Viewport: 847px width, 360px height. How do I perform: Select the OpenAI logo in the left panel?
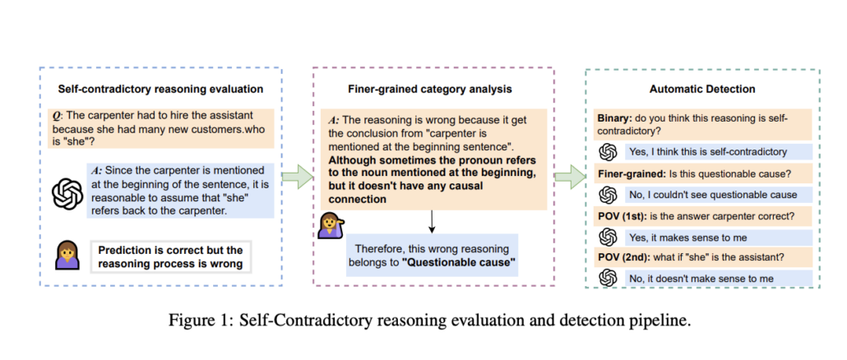coord(67,195)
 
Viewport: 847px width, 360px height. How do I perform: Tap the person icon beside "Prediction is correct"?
coord(67,256)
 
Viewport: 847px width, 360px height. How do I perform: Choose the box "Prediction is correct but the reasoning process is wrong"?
coord(170,256)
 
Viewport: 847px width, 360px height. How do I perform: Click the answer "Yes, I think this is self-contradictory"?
coord(706,151)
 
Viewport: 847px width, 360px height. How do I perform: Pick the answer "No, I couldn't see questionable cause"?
coord(712,195)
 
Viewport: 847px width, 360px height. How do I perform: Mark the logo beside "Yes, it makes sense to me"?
coord(609,237)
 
